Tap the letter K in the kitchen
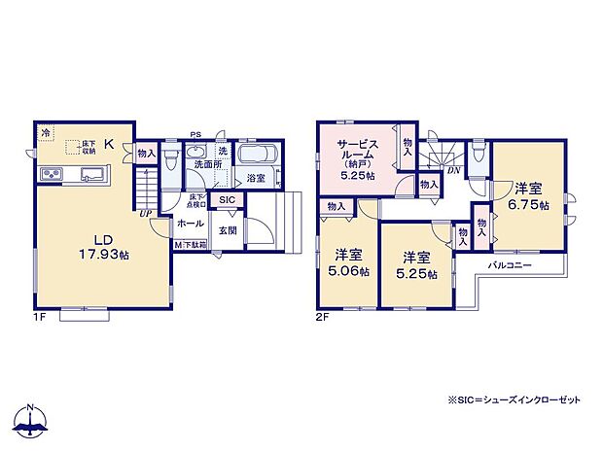[109, 145]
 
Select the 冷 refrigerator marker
[45, 132]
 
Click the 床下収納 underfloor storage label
[87, 147]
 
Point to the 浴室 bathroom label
[256, 178]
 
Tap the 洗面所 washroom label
[205, 165]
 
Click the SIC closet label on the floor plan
[227, 200]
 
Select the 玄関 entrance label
[227, 230]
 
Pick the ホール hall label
[189, 223]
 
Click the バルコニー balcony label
[508, 263]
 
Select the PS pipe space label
[195, 135]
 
